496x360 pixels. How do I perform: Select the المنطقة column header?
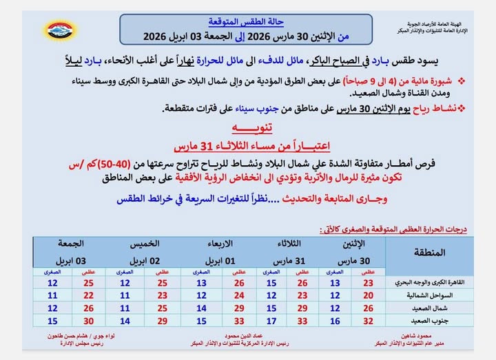click(429, 253)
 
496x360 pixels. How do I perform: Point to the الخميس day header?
click(143, 244)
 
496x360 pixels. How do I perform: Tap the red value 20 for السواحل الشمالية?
click(368, 295)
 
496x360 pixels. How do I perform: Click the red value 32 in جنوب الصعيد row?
click(368, 320)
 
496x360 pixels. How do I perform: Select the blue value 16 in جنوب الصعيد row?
click(335, 320)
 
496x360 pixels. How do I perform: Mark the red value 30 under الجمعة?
click(88, 320)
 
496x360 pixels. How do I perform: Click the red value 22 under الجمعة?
click(88, 295)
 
